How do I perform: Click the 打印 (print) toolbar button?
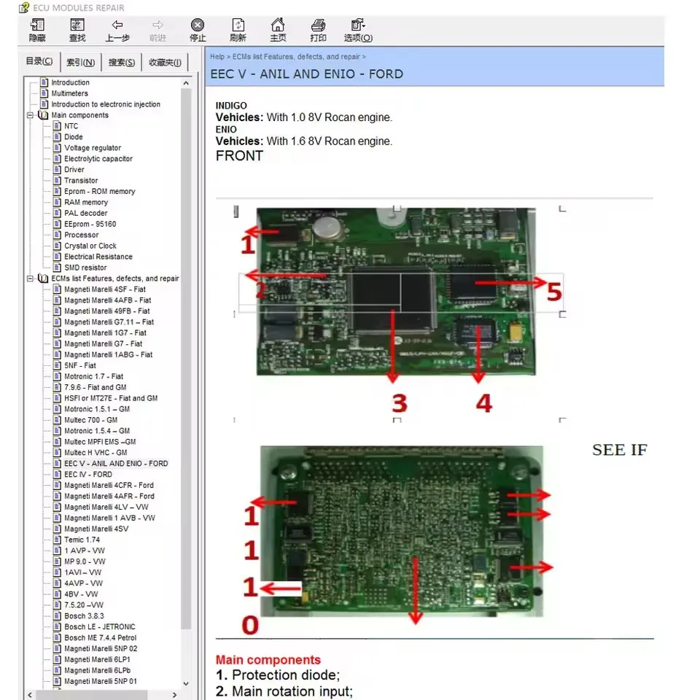click(318, 30)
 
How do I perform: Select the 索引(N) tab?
click(80, 62)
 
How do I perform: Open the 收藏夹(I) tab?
click(165, 62)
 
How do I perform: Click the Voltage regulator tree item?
click(93, 148)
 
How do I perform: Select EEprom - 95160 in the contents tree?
click(90, 224)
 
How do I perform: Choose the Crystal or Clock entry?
click(90, 246)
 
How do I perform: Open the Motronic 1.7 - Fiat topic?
click(93, 376)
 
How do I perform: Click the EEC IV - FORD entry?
click(88, 474)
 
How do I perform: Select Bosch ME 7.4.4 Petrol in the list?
click(100, 638)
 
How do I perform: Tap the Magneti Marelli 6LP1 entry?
click(98, 659)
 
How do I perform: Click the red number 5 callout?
click(553, 292)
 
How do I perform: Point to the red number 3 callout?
click(399, 403)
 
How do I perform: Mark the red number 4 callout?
click(484, 403)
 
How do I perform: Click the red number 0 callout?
click(250, 625)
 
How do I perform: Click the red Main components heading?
click(268, 660)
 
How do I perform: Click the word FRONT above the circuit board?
click(239, 156)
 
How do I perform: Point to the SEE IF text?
click(619, 450)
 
